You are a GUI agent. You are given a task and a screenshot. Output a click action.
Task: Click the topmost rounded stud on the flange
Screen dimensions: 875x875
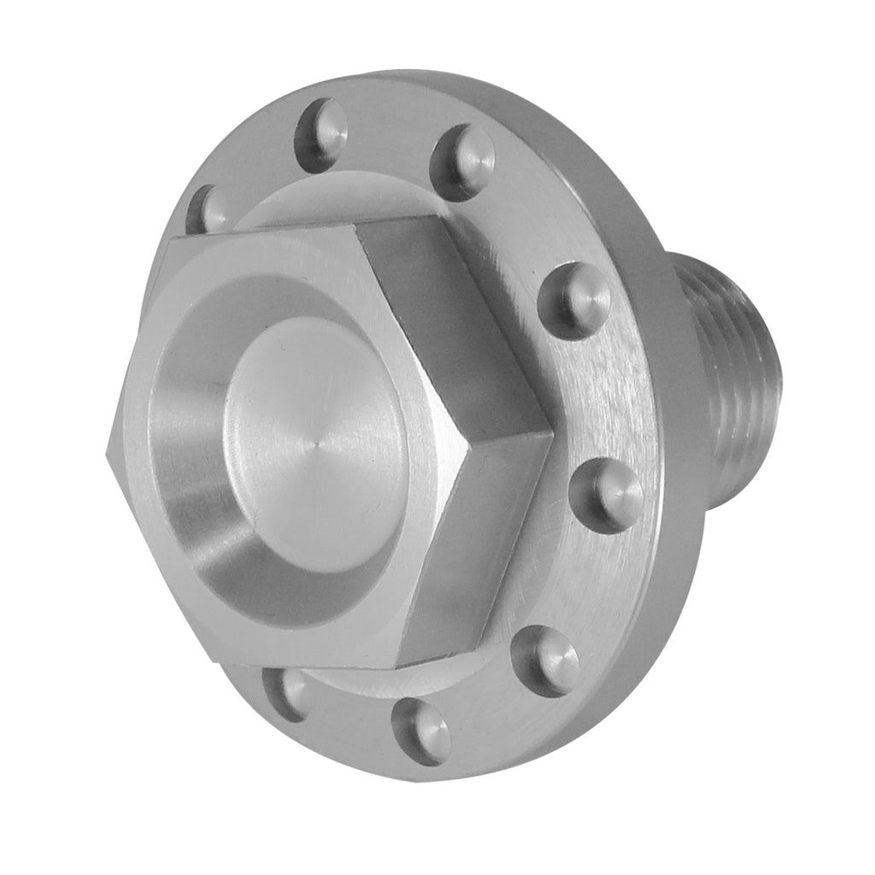tap(321, 135)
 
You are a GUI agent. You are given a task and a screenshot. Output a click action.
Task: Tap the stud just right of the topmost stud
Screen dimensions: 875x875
tap(462, 162)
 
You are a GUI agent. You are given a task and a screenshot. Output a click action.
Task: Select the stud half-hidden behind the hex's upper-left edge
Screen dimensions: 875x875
tap(207, 209)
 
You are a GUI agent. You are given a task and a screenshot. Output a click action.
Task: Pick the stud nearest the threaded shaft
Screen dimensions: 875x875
tap(575, 301)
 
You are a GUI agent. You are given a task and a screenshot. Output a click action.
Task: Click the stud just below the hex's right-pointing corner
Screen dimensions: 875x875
tap(607, 496)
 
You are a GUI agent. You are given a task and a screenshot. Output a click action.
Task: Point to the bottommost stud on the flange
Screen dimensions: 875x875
tap(420, 731)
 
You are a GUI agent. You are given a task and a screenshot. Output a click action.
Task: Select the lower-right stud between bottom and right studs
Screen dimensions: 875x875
tap(545, 661)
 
